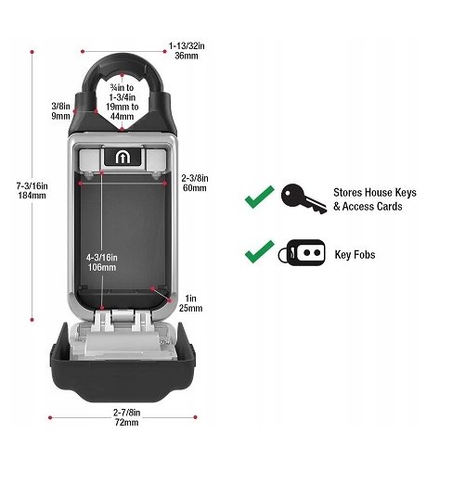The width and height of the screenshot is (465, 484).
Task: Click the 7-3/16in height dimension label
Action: coord(32,191)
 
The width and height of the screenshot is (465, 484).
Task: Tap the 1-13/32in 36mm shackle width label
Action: coord(187,51)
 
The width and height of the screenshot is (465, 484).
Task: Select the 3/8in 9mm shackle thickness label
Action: coord(60,111)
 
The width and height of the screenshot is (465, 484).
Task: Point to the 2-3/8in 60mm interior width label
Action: coord(195,183)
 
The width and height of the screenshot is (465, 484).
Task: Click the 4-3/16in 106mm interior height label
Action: coord(102,262)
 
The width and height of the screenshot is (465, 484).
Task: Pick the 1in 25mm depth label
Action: coord(190,303)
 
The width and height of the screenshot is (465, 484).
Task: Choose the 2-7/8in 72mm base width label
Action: coord(126,417)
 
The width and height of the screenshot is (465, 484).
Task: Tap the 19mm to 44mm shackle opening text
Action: coord(122,111)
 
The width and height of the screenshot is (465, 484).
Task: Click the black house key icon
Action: coord(304,198)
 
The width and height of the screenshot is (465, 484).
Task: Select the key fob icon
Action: coord(302,252)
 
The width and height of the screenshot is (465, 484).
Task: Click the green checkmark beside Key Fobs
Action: coord(259,251)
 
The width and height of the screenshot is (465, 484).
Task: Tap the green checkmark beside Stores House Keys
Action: coord(259,197)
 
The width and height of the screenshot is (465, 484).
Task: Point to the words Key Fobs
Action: coord(355,255)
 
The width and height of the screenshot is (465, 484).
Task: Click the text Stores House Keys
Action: coord(375,193)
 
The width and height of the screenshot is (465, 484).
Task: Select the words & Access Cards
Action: coord(368,206)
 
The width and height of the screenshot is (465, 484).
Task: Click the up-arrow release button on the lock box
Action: coord(123,157)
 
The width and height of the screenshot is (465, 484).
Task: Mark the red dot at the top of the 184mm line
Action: coord(32,52)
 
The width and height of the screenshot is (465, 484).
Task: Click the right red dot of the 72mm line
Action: coord(195,417)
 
